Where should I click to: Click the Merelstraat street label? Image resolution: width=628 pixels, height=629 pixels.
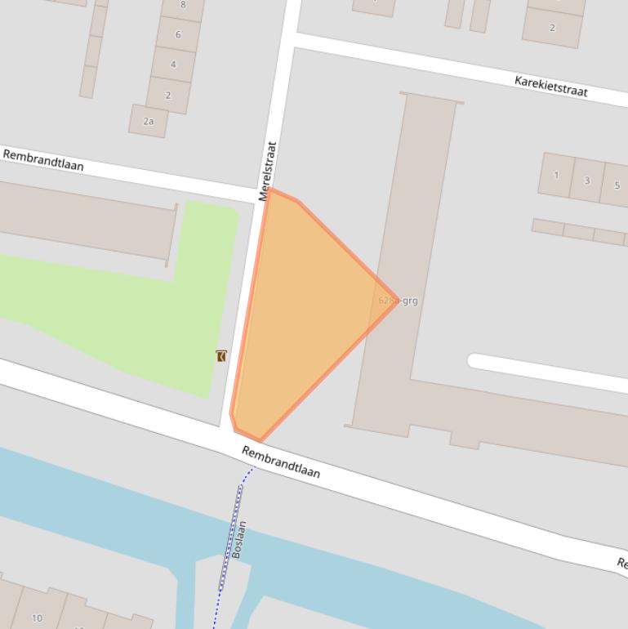pyautogui.click(x=268, y=172)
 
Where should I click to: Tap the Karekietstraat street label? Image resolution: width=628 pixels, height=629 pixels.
pyautogui.click(x=550, y=85)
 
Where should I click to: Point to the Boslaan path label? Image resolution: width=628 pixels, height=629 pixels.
pyautogui.click(x=238, y=539)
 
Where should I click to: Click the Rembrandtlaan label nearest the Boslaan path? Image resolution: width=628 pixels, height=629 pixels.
pyautogui.click(x=281, y=462)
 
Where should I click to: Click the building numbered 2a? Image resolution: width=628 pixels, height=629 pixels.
pyautogui.click(x=149, y=121)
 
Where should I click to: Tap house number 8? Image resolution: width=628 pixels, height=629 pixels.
pyautogui.click(x=182, y=5)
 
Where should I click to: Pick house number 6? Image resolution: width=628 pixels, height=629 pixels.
pyautogui.click(x=177, y=34)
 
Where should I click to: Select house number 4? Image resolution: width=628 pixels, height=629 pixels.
pyautogui.click(x=173, y=64)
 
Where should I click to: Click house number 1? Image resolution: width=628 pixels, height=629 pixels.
pyautogui.click(x=556, y=175)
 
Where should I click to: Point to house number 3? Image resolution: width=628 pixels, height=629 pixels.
pyautogui.click(x=586, y=181)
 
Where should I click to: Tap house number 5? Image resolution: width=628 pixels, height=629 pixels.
pyautogui.click(x=616, y=185)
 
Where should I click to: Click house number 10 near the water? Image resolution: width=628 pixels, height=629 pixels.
pyautogui.click(x=37, y=618)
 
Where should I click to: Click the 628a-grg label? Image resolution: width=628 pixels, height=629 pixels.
pyautogui.click(x=399, y=301)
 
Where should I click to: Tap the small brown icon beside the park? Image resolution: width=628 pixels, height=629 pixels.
pyautogui.click(x=221, y=356)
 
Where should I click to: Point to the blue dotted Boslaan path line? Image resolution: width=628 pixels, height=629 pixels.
pyautogui.click(x=231, y=531)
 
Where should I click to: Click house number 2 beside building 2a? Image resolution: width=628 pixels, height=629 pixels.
pyautogui.click(x=168, y=95)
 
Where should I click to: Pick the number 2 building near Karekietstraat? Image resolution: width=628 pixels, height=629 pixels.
pyautogui.click(x=552, y=27)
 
